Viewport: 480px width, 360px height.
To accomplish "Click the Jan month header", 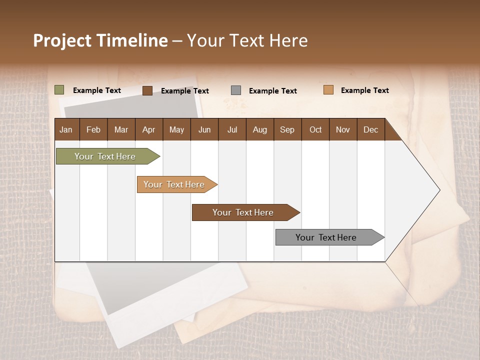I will click(66, 129).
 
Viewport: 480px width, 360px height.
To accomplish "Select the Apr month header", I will click(149, 129).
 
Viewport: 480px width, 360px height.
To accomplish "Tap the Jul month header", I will click(232, 129).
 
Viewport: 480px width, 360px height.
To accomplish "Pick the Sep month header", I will click(287, 129).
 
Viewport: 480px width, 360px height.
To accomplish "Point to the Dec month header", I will click(370, 129).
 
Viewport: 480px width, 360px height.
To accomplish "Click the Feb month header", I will click(93, 129).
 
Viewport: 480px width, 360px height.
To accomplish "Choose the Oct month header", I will click(315, 129).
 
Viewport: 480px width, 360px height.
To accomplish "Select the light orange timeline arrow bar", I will click(175, 184).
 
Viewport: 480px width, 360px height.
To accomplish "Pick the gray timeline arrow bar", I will click(328, 237).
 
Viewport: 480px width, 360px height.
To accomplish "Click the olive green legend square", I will click(59, 90).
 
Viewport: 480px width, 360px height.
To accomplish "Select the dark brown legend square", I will click(147, 90).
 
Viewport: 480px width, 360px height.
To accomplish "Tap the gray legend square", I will click(236, 90).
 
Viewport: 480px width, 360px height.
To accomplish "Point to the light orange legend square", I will click(328, 90).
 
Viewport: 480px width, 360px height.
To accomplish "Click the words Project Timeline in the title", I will click(100, 40).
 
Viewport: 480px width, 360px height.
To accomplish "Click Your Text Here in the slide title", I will click(247, 40).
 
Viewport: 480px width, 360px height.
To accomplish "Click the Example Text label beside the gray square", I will click(272, 91).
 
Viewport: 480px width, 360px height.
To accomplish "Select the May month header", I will click(176, 129).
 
